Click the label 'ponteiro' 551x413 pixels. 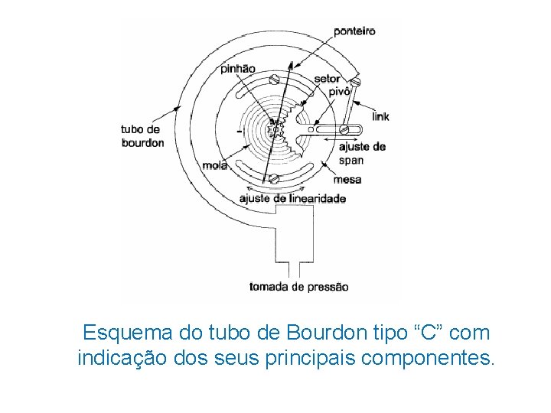[x=354, y=31]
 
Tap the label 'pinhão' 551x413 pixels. [x=237, y=68]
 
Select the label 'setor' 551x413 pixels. [x=327, y=79]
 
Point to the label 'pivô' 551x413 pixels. [x=338, y=91]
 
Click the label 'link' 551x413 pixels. [x=380, y=117]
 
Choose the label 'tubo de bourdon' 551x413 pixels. [x=142, y=135]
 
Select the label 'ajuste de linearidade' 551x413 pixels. [x=292, y=199]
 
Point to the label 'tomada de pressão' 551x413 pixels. [x=298, y=287]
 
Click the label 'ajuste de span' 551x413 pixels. [x=361, y=153]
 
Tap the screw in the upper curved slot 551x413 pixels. [x=274, y=79]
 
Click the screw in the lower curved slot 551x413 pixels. [x=274, y=179]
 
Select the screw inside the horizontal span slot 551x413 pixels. [x=345, y=129]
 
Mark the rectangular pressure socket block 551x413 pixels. [x=294, y=236]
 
